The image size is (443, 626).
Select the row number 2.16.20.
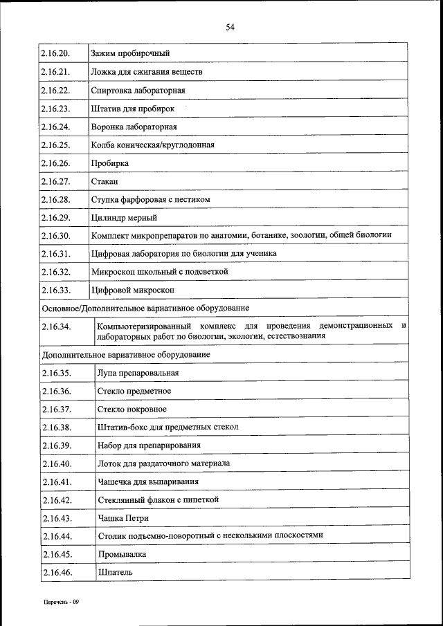tap(56, 53)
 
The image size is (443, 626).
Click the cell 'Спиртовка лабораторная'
tap(137, 91)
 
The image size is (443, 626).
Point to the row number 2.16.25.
tap(56, 145)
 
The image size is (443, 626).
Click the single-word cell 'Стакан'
tap(105, 181)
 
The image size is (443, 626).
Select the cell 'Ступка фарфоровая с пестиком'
tap(150, 199)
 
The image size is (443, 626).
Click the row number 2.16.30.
tap(56, 236)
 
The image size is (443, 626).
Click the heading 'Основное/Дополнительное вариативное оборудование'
tap(146, 308)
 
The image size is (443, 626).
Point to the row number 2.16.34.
tap(56, 326)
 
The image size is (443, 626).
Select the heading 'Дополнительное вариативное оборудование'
tap(127, 355)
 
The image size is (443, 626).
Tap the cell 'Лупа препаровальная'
tap(138, 373)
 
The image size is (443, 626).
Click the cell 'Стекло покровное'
tap(132, 409)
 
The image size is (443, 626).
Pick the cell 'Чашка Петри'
tap(123, 518)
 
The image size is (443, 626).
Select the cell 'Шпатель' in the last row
tap(115, 572)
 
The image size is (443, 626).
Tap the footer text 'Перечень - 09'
tap(60, 602)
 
